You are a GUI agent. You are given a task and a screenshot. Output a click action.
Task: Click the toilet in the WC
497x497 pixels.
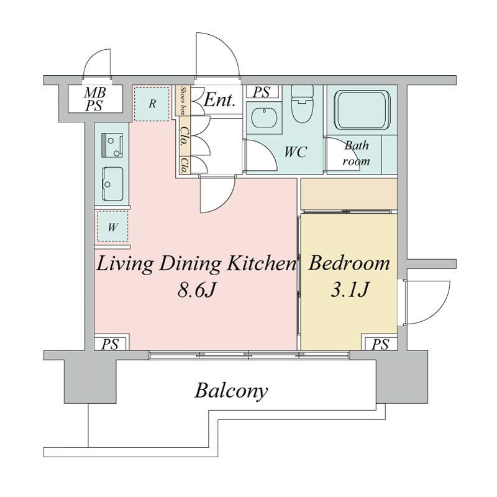coord(302,104)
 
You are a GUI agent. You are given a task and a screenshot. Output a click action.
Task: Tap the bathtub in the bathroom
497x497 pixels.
coord(362,110)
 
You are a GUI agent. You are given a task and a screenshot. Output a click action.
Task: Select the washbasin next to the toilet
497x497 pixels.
coord(264,117)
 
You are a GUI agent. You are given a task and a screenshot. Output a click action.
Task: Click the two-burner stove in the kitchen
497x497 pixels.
coord(112,145)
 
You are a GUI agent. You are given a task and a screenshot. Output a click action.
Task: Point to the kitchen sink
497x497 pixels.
coord(112,184)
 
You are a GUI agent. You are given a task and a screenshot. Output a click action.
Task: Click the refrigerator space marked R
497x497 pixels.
coord(152,104)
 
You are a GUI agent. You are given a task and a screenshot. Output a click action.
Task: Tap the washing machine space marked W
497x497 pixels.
coord(112,227)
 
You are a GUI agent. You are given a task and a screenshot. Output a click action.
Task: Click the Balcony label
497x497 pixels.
coord(231,391)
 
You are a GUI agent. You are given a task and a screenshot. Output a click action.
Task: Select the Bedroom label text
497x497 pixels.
coord(349,263)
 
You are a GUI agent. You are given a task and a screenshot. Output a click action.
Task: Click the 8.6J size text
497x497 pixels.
coord(196,290)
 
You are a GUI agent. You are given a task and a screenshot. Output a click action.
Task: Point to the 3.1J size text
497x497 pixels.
coord(350,289)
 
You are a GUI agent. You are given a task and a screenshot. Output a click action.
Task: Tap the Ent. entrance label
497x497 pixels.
coord(220,100)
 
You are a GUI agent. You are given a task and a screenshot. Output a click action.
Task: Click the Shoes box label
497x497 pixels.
coord(183,100)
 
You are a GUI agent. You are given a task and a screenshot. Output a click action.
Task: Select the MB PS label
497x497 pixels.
coord(95,99)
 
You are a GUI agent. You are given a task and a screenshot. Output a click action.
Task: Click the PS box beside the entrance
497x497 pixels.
coord(262,92)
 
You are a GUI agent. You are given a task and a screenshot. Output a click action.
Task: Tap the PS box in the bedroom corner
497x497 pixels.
coord(380,344)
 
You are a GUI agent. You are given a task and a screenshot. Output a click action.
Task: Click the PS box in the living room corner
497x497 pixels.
coord(110,344)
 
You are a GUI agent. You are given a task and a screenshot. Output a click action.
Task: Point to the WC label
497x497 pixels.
coord(296,152)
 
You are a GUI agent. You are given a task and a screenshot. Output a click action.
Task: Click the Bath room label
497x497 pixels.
coord(357,153)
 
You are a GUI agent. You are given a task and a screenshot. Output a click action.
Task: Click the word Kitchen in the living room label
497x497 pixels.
coord(262,263)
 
